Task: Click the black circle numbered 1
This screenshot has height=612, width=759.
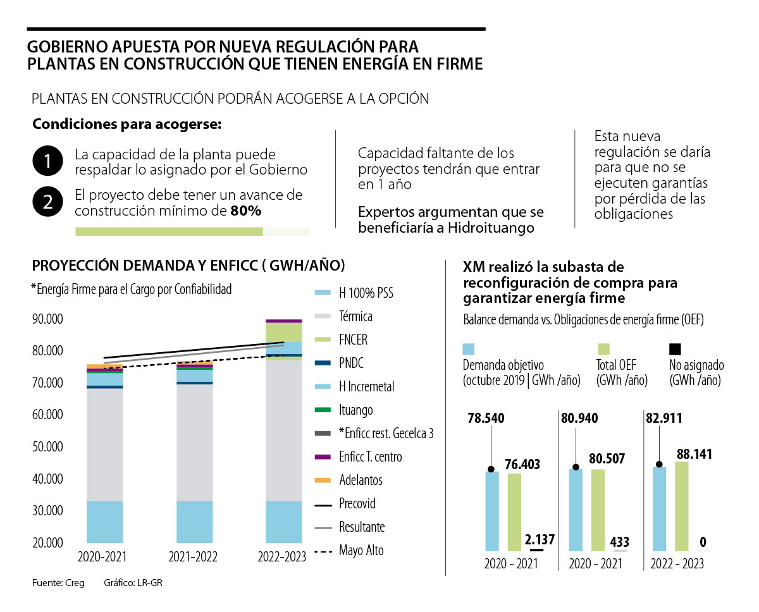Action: (47, 162)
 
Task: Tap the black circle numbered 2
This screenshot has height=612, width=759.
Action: (47, 203)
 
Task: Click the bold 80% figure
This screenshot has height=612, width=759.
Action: (246, 211)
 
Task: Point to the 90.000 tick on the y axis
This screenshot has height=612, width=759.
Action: (47, 319)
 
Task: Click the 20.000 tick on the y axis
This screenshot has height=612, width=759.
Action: (47, 542)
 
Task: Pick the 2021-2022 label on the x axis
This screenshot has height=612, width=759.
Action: (193, 557)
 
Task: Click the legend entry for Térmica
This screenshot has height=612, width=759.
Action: (355, 316)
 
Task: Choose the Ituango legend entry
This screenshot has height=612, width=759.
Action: (355, 410)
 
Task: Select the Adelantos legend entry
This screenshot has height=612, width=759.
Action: (361, 480)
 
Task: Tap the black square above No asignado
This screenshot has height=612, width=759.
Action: (675, 349)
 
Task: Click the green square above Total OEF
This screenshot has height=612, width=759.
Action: (603, 349)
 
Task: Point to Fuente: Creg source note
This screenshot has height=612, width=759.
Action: (58, 582)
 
